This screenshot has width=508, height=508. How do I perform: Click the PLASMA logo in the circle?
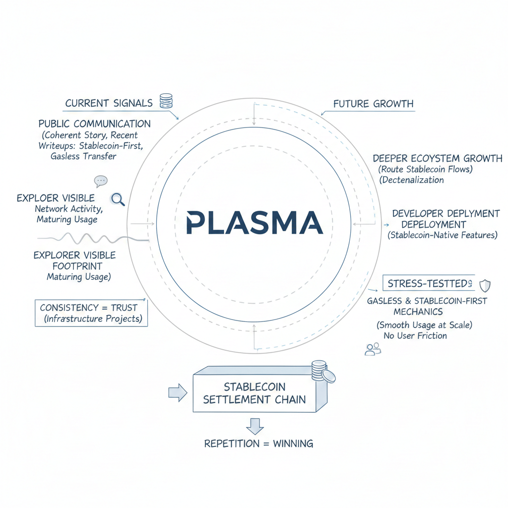tap(254, 222)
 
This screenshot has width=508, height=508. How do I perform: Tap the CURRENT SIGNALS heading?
tap(109, 103)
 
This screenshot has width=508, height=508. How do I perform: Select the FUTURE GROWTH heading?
tap(373, 104)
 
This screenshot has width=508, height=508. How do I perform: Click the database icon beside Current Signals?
tap(166, 101)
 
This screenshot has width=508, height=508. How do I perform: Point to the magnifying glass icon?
tap(118, 199)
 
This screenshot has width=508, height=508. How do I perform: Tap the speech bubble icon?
tap(101, 181)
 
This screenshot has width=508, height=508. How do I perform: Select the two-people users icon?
tap(373, 349)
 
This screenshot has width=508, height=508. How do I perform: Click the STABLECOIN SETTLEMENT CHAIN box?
tap(254, 393)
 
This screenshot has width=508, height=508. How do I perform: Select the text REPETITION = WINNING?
tap(258, 444)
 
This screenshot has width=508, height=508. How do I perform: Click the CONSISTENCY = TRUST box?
tap(91, 313)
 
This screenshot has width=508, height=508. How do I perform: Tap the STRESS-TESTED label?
tap(428, 283)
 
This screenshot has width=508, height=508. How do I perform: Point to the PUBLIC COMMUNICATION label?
tap(94, 124)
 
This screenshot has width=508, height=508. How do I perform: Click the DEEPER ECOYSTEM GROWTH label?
tap(437, 159)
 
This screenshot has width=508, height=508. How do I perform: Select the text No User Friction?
tap(415, 336)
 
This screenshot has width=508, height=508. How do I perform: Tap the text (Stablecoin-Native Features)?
tap(442, 235)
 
